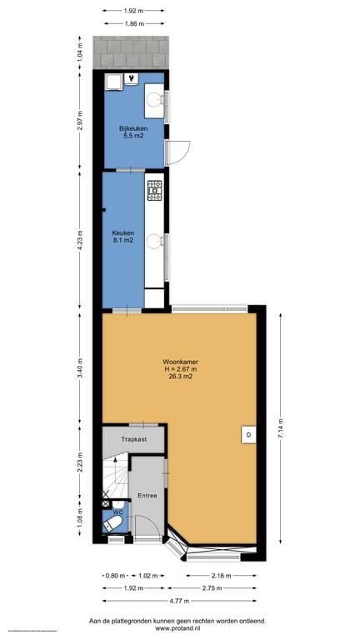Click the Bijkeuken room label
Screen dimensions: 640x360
130,127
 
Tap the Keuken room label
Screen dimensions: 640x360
122,233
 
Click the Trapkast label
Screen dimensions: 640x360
134,437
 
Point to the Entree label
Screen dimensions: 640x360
147,495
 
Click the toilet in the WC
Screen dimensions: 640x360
116,523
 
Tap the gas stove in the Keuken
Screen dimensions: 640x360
155,191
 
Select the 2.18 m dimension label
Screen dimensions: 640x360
222,575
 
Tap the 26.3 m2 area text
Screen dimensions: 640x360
181,377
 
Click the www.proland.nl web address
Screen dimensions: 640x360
180,630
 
